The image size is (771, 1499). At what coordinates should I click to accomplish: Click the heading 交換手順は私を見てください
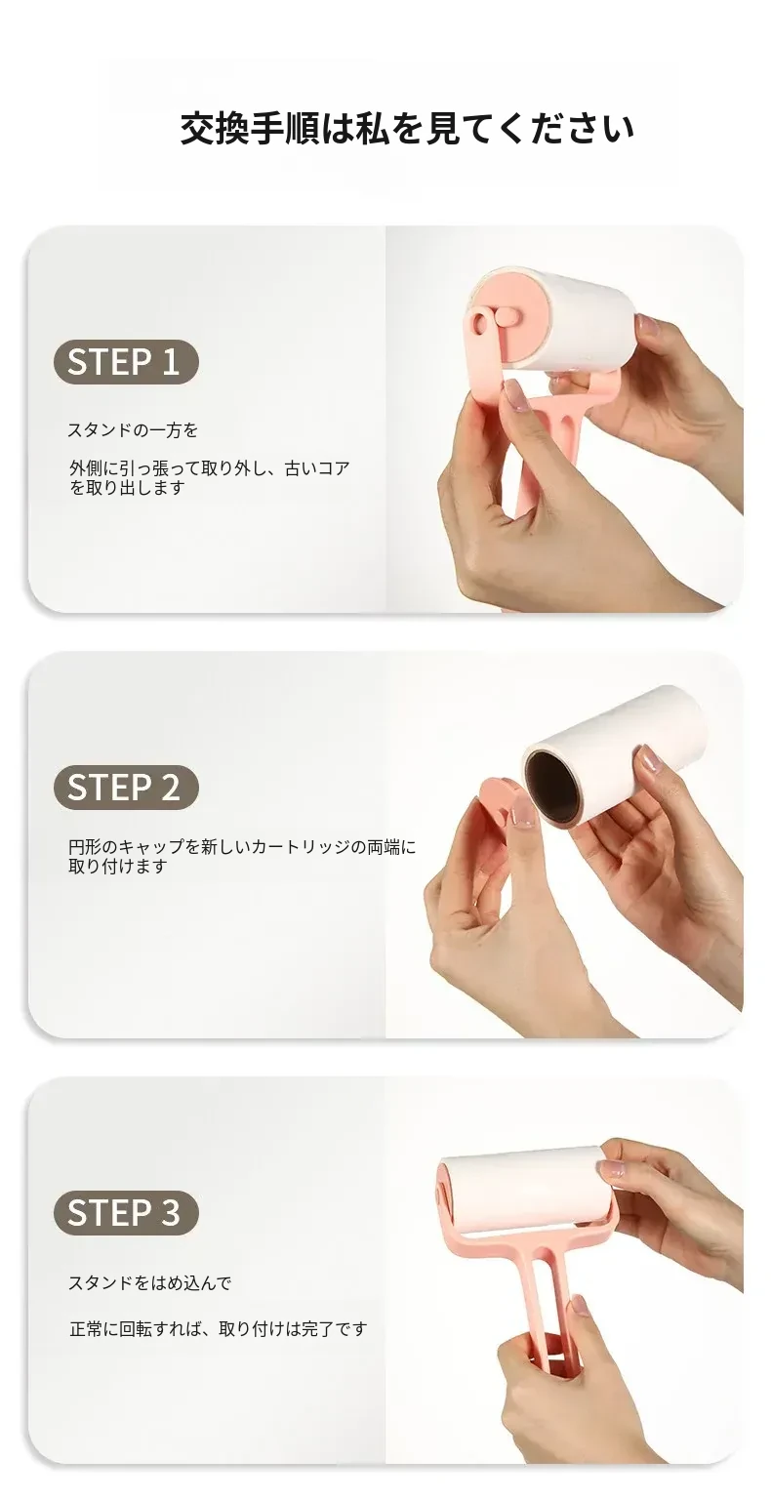(x=408, y=129)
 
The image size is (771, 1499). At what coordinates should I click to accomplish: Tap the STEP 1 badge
(x=126, y=362)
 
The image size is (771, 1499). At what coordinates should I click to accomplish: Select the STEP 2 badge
(x=126, y=787)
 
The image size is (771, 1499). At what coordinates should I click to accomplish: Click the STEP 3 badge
(x=126, y=1213)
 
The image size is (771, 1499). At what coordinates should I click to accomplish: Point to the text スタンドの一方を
(x=133, y=429)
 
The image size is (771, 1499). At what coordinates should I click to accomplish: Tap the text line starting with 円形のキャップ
(x=242, y=847)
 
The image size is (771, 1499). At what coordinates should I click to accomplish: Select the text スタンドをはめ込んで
(x=150, y=1283)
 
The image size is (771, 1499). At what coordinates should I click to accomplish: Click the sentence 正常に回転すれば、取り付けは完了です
(x=219, y=1328)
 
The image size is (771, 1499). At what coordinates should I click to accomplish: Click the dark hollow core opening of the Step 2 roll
(x=550, y=787)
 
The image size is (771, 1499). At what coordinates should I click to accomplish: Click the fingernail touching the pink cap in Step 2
(x=522, y=812)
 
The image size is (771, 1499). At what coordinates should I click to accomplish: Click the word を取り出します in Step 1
(x=127, y=488)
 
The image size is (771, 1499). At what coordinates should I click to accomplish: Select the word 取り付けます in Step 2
(x=118, y=867)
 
